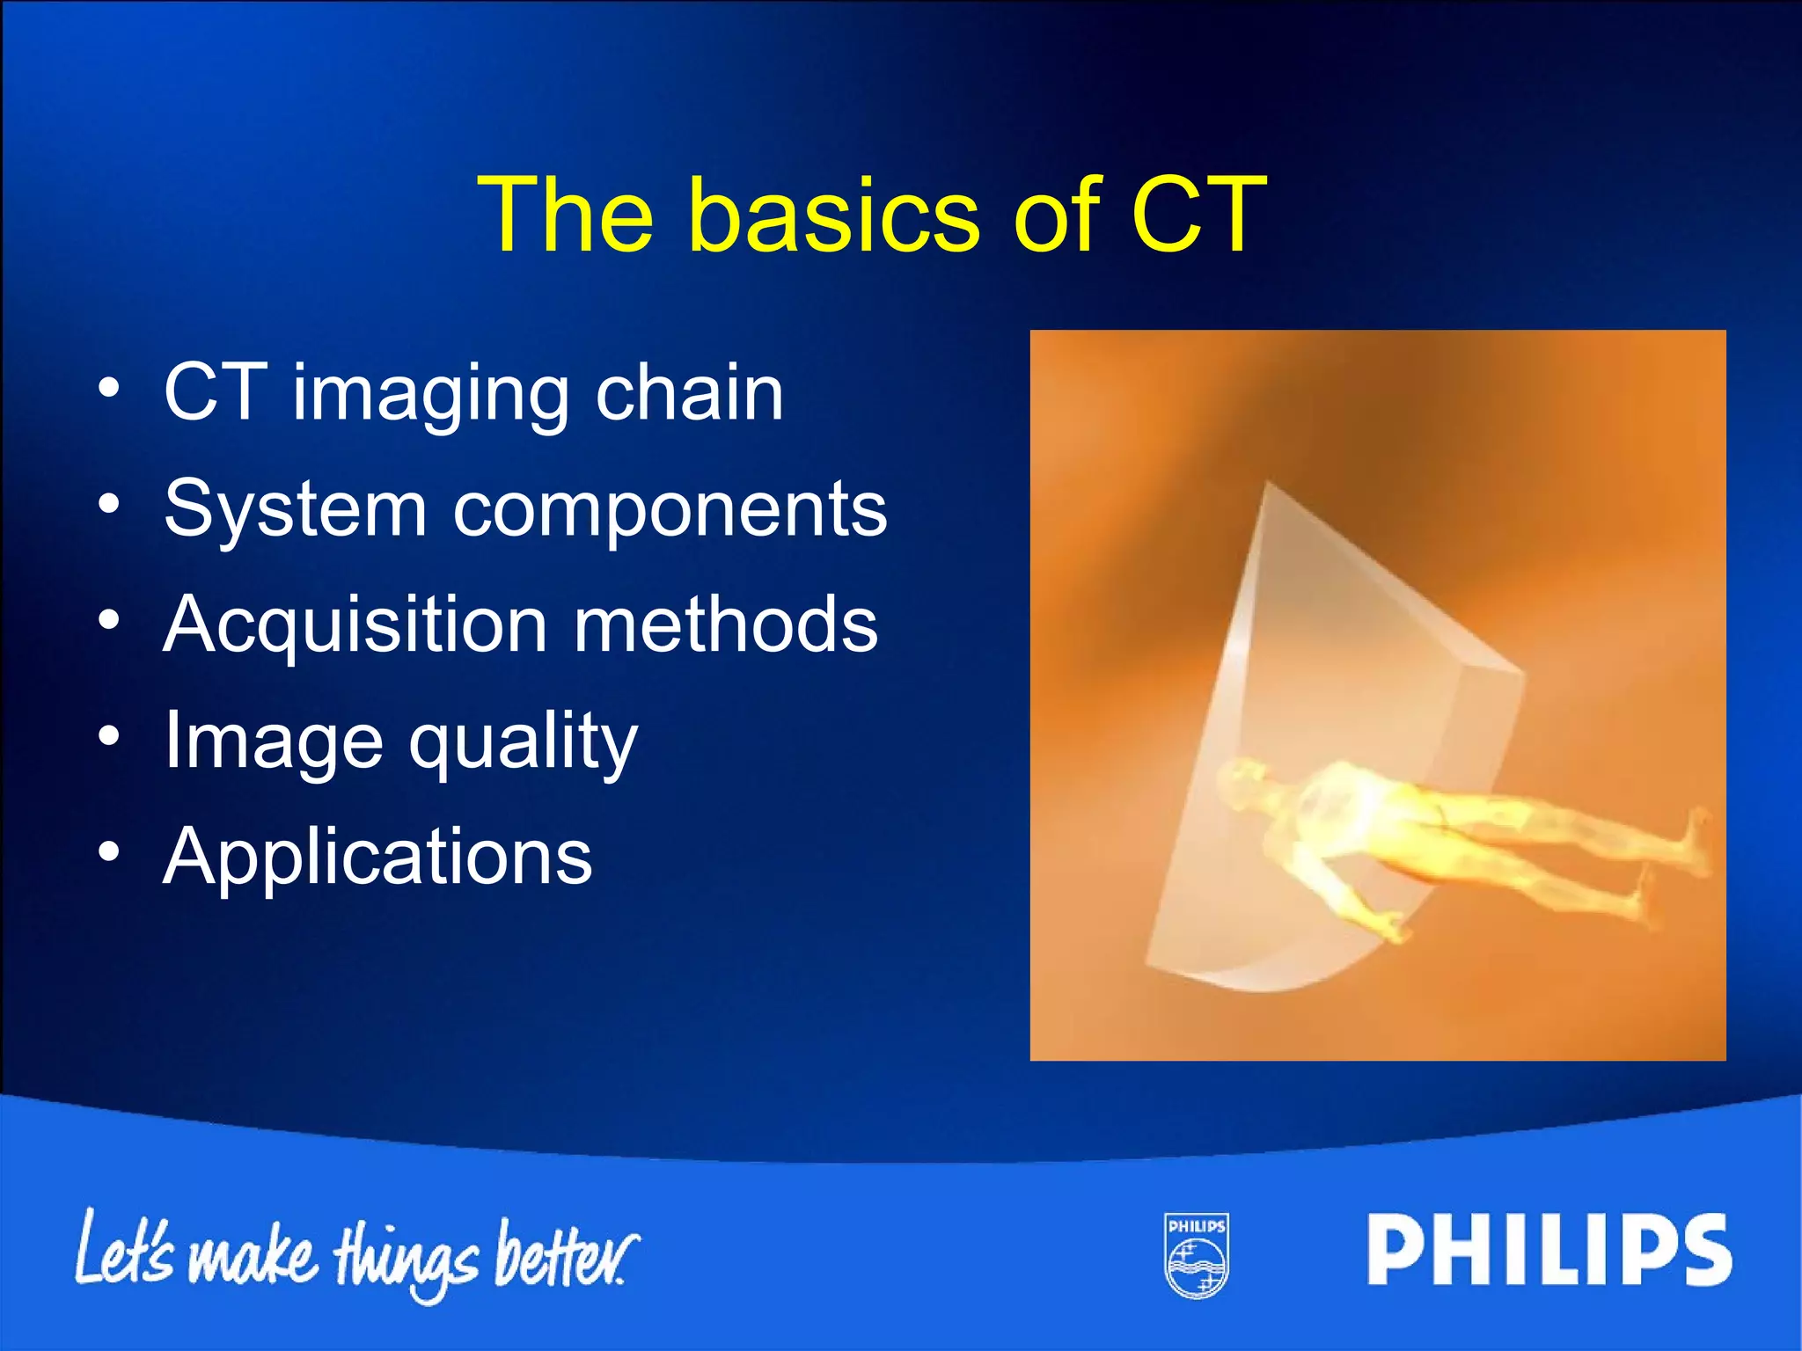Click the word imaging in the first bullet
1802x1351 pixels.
pyautogui.click(x=431, y=396)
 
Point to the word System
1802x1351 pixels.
pyautogui.click(x=295, y=510)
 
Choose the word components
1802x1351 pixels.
pyautogui.click(x=670, y=512)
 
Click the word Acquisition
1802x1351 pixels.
pyautogui.click(x=355, y=626)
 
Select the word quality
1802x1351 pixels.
pyautogui.click(x=523, y=744)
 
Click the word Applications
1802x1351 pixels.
pyautogui.click(x=378, y=857)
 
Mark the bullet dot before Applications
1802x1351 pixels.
pyautogui.click(x=108, y=851)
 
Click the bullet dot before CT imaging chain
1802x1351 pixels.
pyautogui.click(x=108, y=387)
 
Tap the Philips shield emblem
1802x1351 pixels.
pyautogui.click(x=1197, y=1256)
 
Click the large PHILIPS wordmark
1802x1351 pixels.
pyautogui.click(x=1549, y=1251)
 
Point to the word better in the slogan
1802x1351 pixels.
pyautogui.click(x=563, y=1253)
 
